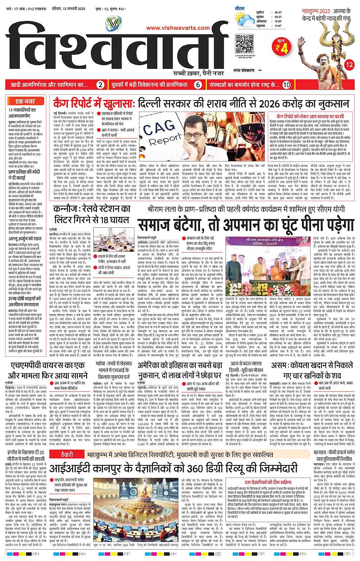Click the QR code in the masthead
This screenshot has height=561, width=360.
click(245, 43)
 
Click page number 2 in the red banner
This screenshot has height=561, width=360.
click(100, 85)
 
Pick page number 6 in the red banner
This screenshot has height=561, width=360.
click(198, 85)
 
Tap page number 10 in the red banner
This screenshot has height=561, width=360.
click(286, 85)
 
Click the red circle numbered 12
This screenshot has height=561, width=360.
click(349, 65)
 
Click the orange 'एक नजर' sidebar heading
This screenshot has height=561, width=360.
click(26, 101)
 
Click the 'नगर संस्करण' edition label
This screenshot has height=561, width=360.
click(244, 70)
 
